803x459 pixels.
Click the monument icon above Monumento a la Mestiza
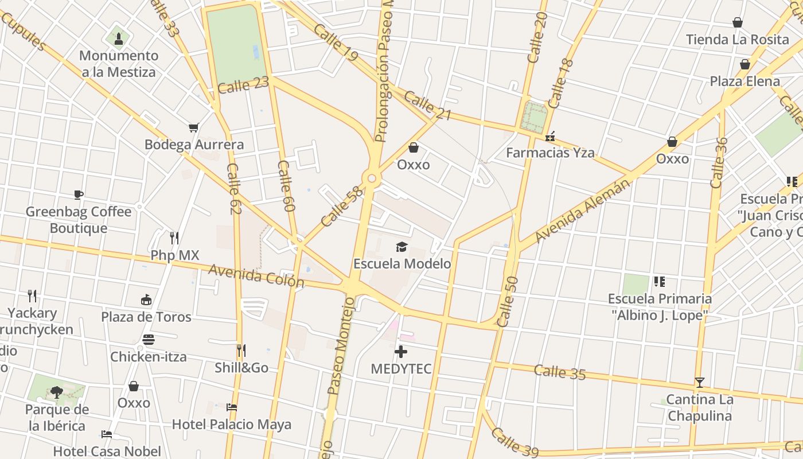pos(119,38)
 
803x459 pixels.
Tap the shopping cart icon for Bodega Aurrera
pos(194,127)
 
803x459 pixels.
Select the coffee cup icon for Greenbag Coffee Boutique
pos(79,195)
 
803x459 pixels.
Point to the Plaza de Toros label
pos(146,317)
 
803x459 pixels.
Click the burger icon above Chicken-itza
pos(149,340)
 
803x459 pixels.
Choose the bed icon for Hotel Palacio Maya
pos(232,407)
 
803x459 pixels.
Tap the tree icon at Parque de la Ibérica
pos(57,392)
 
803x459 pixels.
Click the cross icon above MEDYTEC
pos(401,351)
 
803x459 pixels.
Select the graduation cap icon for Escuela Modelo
pos(402,247)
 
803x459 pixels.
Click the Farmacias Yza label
pos(550,153)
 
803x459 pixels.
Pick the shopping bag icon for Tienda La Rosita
pos(738,23)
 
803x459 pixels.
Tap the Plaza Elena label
pos(744,81)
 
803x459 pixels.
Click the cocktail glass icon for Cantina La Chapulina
pos(699,382)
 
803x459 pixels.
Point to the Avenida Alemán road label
pos(583,211)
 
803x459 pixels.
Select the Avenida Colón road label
pos(256,276)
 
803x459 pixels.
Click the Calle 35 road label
pos(559,372)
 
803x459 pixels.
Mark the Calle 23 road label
pos(243,86)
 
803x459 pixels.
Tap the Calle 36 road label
pos(718,162)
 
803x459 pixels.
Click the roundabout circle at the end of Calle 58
pos(372,179)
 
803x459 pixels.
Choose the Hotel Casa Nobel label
pos(107,452)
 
